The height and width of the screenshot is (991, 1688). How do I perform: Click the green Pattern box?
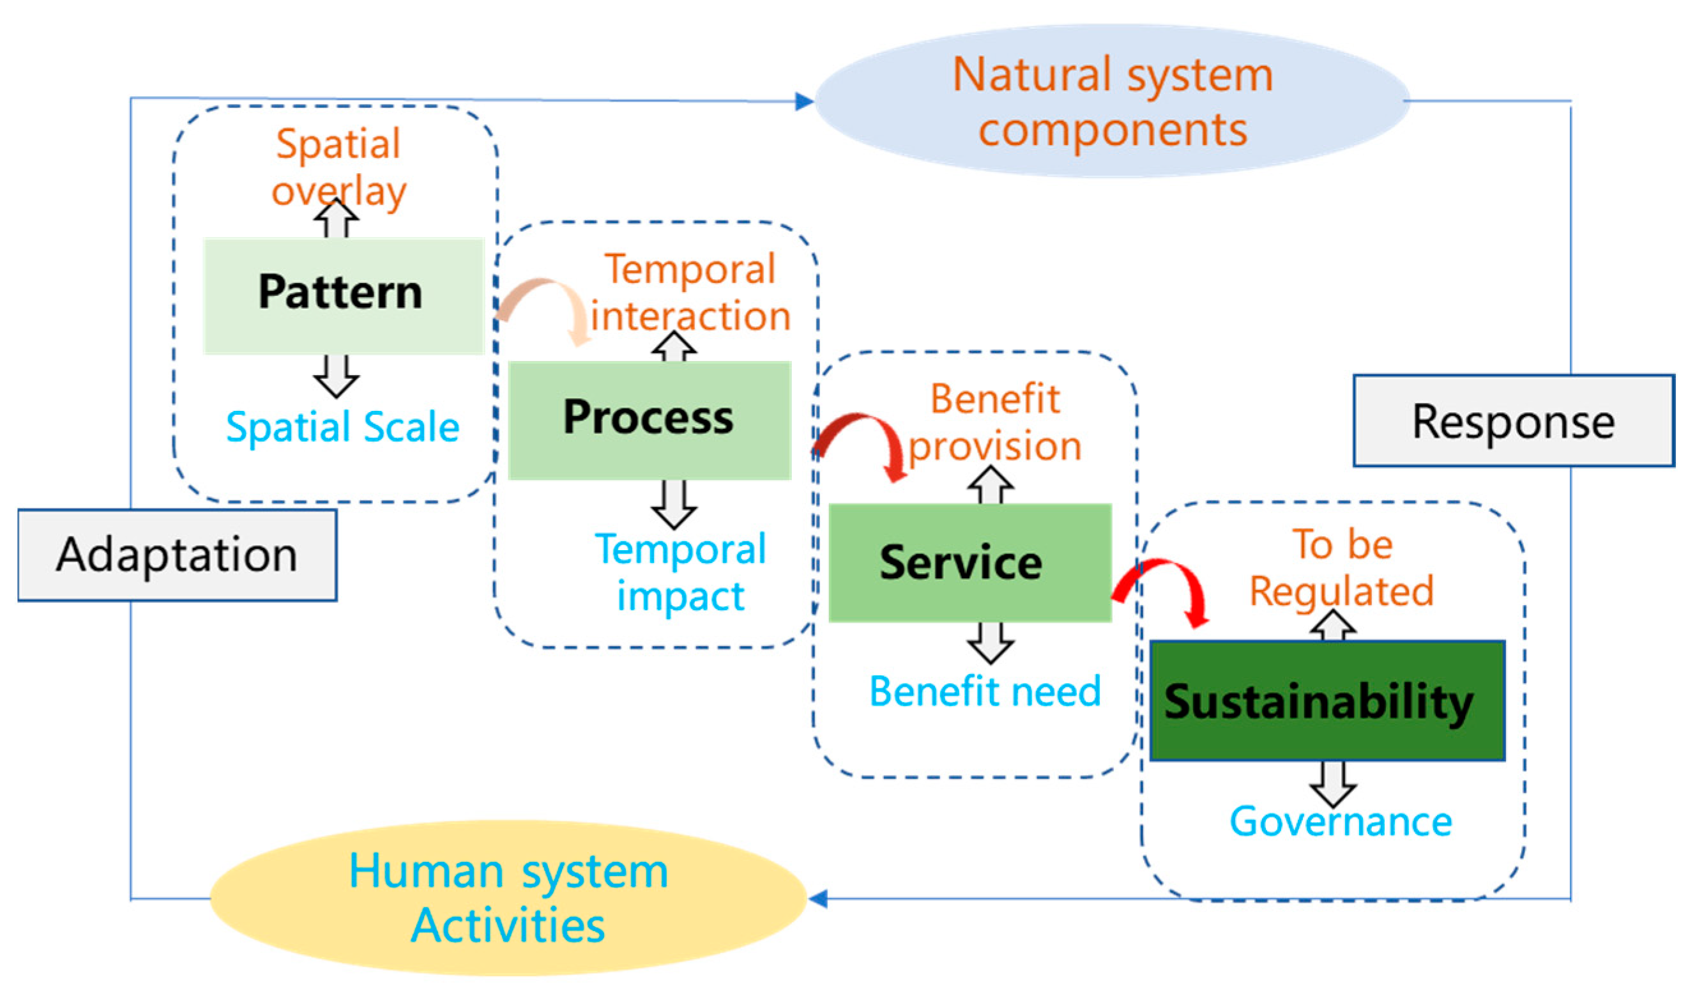pos(343,295)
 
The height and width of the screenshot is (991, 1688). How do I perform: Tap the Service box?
pos(969,563)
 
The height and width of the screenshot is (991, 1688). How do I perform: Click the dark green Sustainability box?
pos(1327,701)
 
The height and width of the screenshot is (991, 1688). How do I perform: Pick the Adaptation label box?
pos(177,555)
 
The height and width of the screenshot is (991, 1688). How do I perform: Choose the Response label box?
pos(1512,422)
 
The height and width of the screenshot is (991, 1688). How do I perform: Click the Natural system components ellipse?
pos(1112,101)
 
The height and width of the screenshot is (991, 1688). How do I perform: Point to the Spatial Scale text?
pos(342,427)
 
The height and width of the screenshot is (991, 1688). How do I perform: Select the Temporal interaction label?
pos(690,292)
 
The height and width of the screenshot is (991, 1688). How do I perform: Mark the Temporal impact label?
pos(680,572)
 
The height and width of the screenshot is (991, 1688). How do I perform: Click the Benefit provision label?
pos(994,422)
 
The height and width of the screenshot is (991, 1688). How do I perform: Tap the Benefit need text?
pos(985,691)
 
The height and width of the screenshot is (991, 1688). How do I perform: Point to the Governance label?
pos(1341,822)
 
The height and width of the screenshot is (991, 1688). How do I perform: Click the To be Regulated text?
pos(1342,567)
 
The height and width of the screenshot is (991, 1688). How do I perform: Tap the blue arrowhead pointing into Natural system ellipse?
pos(804,102)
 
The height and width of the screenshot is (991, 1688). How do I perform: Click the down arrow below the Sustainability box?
pos(1333,785)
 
